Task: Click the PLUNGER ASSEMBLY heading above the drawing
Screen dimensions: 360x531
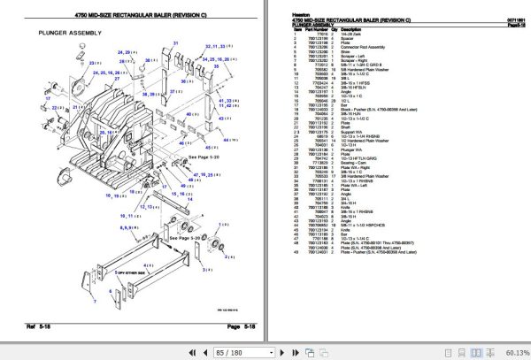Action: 70,33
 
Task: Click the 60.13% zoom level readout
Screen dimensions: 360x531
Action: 512,351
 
